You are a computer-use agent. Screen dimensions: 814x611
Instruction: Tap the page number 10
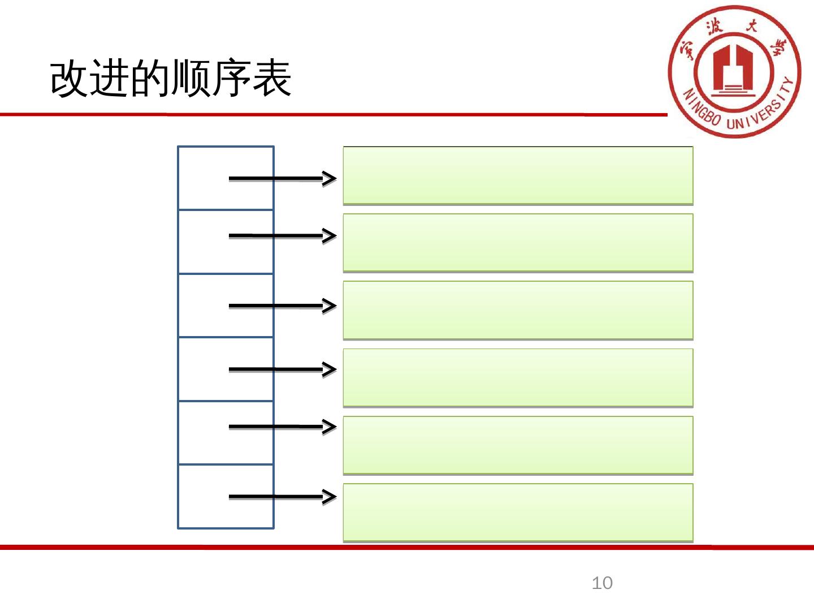602,583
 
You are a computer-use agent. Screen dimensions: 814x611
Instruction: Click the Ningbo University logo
734,72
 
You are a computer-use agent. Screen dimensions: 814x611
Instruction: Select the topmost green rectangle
518,175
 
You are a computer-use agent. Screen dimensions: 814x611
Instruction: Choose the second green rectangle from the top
518,243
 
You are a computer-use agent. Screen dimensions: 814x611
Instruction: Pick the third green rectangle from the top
518,310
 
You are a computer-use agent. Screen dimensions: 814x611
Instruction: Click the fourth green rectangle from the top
518,377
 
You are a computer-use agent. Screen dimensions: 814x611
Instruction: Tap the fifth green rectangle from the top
518,445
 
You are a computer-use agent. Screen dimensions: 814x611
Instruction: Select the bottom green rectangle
518,513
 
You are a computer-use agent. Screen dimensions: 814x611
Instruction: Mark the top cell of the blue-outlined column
203,178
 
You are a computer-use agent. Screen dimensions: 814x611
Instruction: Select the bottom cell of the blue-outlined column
203,497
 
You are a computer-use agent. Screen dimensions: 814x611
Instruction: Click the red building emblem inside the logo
733,70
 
